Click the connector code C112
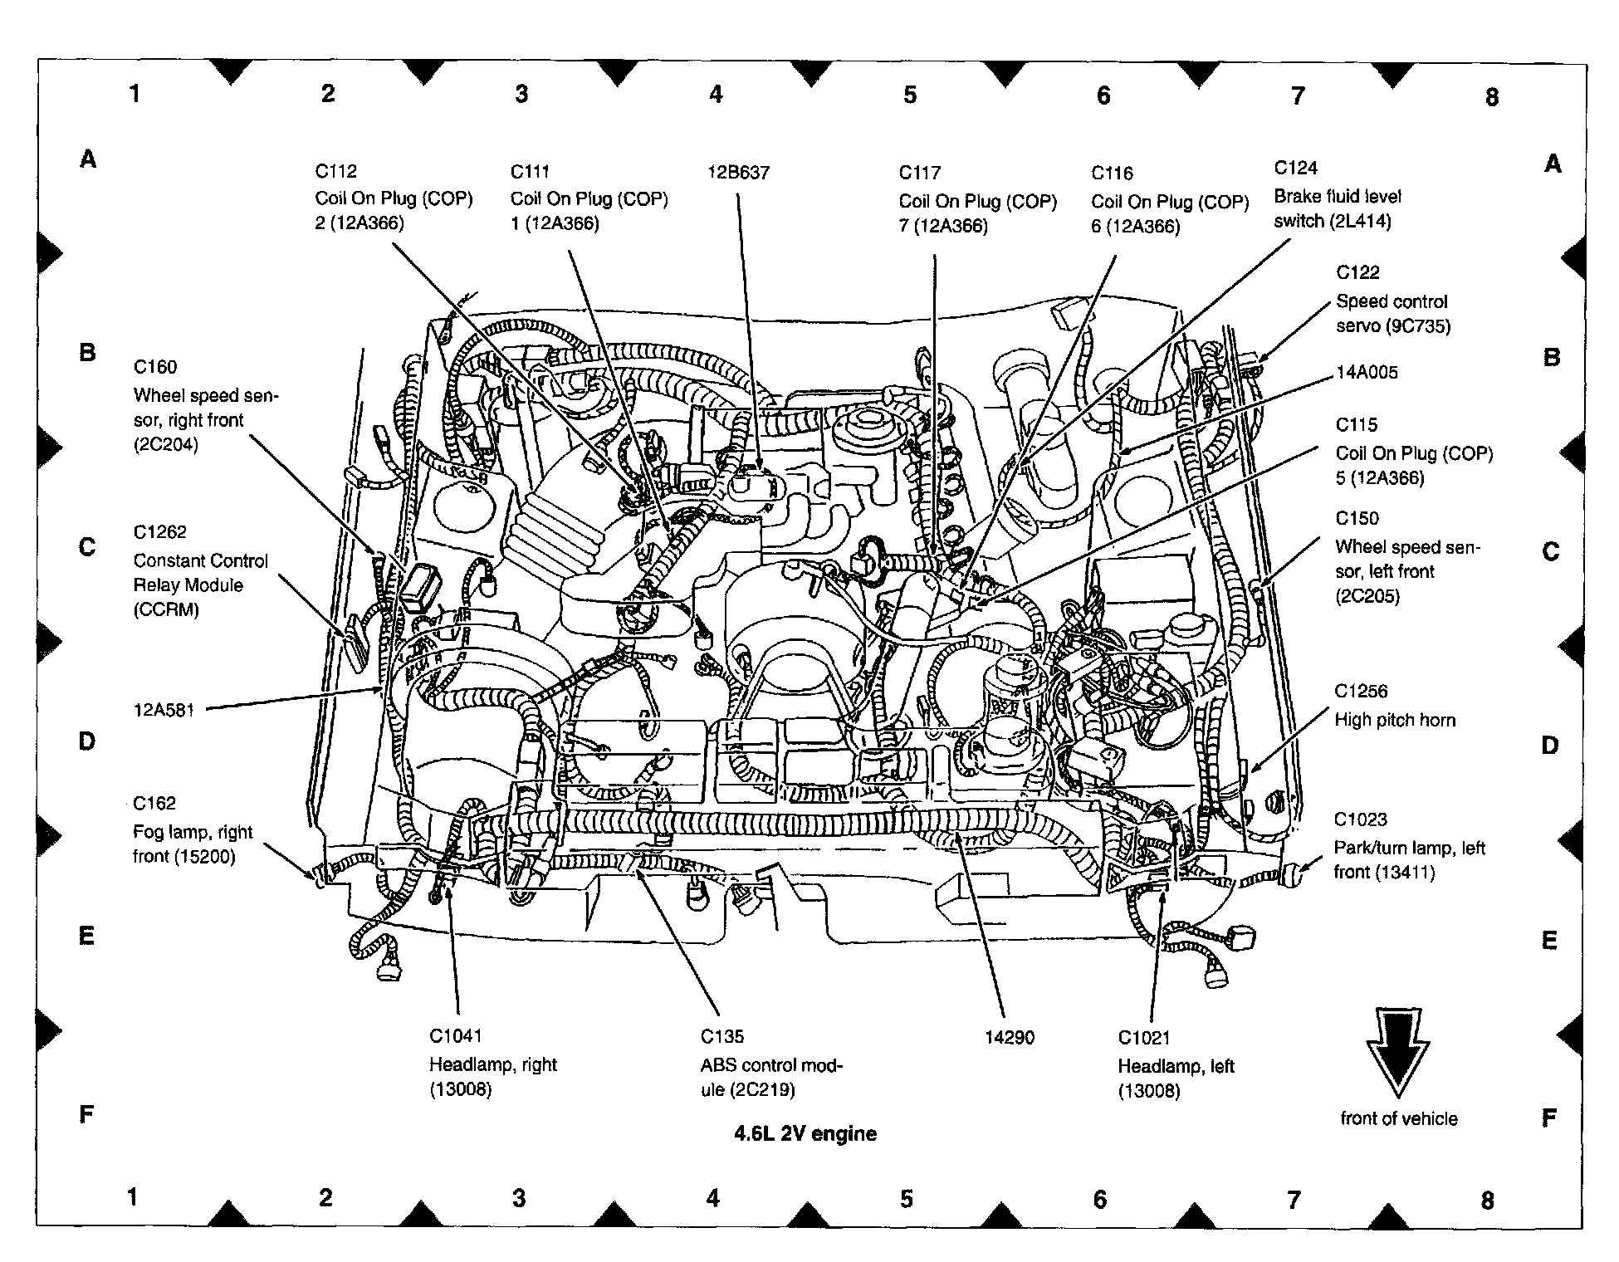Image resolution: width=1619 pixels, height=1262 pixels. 335,171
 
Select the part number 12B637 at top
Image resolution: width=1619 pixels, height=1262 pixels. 738,173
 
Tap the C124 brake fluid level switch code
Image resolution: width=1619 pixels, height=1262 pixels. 1295,168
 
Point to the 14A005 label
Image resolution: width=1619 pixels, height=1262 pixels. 1367,372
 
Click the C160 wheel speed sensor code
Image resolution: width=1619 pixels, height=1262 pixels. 155,367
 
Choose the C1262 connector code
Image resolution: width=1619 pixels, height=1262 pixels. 159,532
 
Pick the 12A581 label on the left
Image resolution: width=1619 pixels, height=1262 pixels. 164,710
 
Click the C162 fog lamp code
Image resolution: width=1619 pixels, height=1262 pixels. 154,803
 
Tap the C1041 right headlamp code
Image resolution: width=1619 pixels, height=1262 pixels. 455,1035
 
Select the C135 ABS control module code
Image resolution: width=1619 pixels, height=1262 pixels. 722,1036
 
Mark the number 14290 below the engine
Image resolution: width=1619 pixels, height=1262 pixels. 1010,1037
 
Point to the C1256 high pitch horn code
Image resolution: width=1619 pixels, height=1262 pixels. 1361,691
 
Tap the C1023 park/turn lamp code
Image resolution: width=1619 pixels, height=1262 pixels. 1360,819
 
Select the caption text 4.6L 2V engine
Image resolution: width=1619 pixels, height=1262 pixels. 805,1133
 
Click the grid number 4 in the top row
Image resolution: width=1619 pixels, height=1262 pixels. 716,95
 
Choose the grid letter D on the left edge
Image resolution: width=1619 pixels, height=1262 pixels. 86,741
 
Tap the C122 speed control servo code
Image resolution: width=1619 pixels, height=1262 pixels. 1357,272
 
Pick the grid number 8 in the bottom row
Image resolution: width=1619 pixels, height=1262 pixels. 1487,1201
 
